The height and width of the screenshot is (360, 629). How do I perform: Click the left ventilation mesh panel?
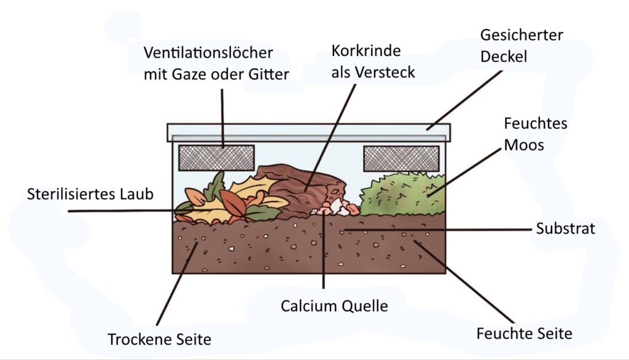[216, 158]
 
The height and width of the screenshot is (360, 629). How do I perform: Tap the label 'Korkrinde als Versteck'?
[373, 61]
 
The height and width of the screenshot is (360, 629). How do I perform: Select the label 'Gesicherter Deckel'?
[522, 45]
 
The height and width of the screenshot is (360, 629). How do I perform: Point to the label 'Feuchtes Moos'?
[535, 134]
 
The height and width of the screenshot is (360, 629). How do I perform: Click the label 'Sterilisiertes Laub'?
[90, 194]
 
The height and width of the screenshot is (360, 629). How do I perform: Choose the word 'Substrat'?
[565, 229]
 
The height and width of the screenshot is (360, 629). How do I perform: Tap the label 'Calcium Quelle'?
[334, 305]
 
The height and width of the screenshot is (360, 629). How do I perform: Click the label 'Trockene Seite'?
[159, 339]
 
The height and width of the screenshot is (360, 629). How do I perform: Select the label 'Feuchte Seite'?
[524, 334]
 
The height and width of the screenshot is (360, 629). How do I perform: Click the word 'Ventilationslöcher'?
[208, 53]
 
